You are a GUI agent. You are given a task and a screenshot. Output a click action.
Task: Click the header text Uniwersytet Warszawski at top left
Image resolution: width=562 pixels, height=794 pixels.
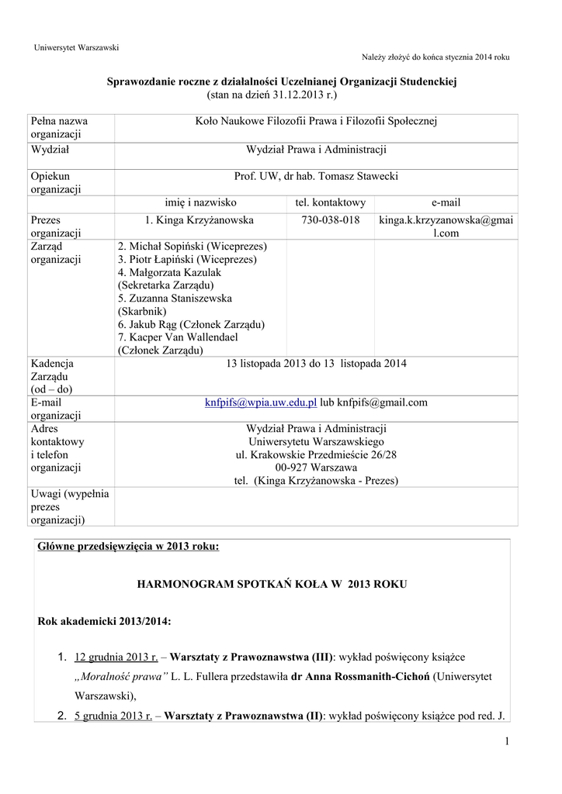tap(76, 48)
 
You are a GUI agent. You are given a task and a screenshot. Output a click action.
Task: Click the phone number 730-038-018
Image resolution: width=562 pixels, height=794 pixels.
tap(330, 220)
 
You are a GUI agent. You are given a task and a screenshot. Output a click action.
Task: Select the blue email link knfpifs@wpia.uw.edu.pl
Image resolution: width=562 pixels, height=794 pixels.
tap(261, 403)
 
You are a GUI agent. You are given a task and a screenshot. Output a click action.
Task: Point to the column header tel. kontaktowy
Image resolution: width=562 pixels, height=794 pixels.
tap(330, 202)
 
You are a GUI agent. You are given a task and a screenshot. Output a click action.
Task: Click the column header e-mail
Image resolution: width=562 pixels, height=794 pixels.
tap(446, 202)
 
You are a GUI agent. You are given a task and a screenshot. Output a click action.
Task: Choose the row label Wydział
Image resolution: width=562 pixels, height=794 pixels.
tap(50, 150)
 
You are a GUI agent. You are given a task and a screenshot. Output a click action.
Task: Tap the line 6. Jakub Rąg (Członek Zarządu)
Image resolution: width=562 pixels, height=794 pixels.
tap(192, 324)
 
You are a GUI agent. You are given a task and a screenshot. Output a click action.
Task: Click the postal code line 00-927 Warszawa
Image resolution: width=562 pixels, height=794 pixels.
tap(315, 468)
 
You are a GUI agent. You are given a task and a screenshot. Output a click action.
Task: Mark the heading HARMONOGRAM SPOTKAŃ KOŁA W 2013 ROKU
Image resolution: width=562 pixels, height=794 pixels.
tap(270, 582)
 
